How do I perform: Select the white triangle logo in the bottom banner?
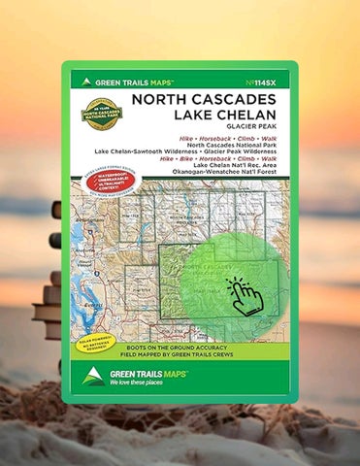coord(94,376)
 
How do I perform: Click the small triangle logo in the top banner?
coord(86,83)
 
